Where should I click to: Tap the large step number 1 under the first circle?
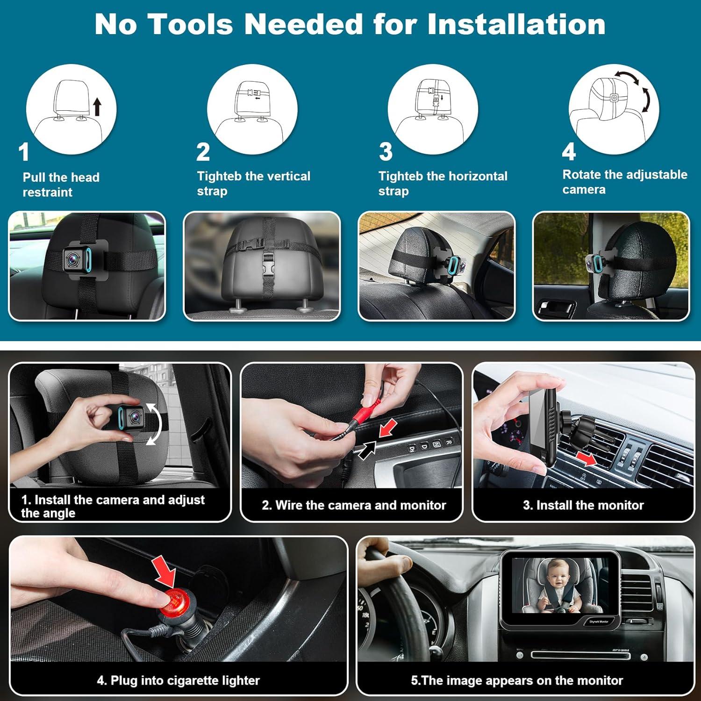click(24, 152)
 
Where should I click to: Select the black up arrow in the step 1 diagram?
click(97, 106)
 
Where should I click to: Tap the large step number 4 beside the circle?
click(569, 152)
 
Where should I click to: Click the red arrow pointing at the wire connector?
click(387, 428)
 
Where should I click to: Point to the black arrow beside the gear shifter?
click(367, 450)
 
